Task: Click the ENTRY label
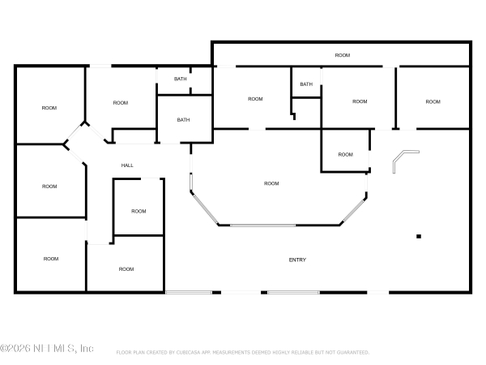tap(297, 260)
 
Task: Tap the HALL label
tap(127, 165)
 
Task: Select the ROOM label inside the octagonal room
tap(271, 183)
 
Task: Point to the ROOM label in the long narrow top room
tap(343, 55)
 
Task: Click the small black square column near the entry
tap(419, 236)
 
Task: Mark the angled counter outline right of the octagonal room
tap(404, 160)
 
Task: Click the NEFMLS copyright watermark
tap(47, 349)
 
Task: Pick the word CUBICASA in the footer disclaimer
tap(210, 353)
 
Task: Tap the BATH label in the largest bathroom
tap(184, 120)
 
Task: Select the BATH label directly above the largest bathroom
tap(180, 79)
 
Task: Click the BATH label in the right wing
tap(306, 84)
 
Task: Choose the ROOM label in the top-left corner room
tap(49, 108)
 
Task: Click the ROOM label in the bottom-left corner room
tap(51, 259)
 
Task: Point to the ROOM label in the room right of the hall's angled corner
tap(121, 102)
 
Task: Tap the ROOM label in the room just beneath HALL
tap(139, 211)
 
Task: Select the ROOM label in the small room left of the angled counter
tap(346, 154)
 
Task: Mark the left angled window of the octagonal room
tap(203, 208)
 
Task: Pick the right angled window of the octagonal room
tap(355, 209)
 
